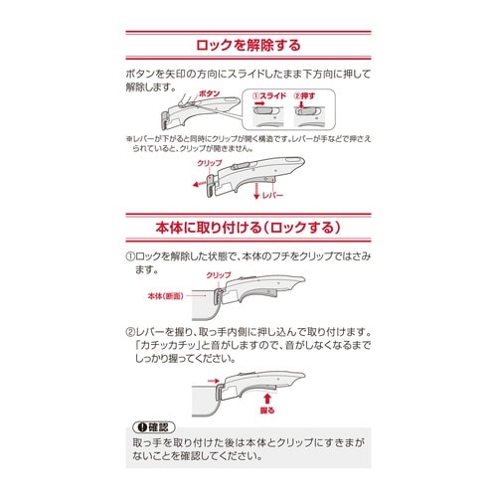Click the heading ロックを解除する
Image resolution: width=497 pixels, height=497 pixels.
pos(248,45)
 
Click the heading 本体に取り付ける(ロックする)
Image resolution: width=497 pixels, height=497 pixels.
pos(248,227)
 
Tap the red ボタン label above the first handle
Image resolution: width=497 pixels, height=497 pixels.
pos(210,92)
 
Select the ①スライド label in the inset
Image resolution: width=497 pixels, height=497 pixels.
pos(268,96)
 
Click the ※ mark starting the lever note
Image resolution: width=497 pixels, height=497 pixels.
pos(129,138)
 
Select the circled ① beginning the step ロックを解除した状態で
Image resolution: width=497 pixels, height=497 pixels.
pos(130,254)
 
